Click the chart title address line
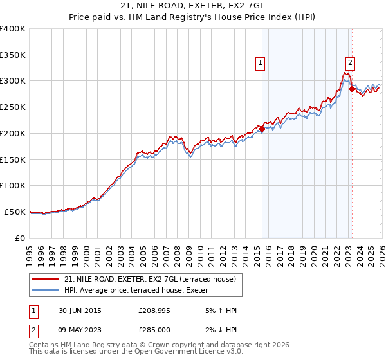(192, 5)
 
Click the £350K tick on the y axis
(13, 55)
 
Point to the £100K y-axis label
(13, 185)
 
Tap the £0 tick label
(20, 238)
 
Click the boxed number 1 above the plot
(261, 62)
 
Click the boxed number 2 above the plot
(350, 62)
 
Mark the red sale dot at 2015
(262, 129)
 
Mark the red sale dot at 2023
(352, 89)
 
